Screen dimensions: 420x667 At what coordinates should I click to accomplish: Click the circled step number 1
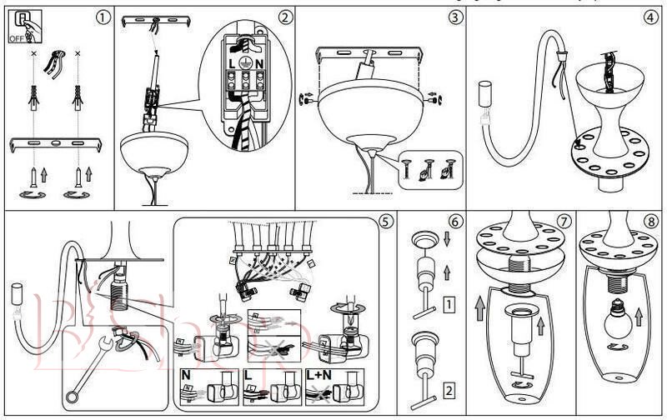point(102,16)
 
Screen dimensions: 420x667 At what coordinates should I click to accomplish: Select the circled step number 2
point(285,16)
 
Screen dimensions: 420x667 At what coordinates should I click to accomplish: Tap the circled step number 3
point(454,16)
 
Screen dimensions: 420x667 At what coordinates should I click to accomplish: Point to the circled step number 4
point(649,16)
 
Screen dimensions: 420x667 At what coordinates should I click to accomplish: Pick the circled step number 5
point(384,222)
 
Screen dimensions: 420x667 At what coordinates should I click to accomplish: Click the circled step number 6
point(454,222)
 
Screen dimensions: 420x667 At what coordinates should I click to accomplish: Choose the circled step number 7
point(564,222)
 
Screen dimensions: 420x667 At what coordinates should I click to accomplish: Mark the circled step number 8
point(649,222)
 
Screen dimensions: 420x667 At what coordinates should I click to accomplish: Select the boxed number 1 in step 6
point(449,304)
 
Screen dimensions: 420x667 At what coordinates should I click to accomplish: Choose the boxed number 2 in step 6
point(449,389)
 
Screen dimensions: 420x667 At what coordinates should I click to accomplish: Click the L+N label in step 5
point(321,376)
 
